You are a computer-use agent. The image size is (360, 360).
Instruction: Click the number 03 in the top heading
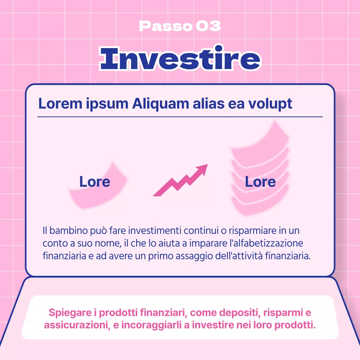(208, 26)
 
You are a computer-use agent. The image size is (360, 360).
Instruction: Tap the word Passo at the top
(165, 26)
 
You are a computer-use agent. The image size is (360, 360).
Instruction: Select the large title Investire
(180, 58)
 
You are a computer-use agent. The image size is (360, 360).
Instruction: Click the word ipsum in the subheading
(107, 103)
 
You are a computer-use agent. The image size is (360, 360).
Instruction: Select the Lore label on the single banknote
(95, 181)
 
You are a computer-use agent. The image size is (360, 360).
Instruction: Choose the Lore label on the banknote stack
(260, 182)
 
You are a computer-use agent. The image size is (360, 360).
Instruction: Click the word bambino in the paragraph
(69, 231)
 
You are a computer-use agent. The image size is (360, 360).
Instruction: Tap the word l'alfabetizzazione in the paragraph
(266, 243)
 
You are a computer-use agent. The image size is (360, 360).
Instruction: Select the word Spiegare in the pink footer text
(70, 313)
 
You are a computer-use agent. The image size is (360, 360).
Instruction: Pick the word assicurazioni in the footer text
(76, 325)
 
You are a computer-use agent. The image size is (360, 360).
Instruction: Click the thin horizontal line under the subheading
(180, 117)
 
